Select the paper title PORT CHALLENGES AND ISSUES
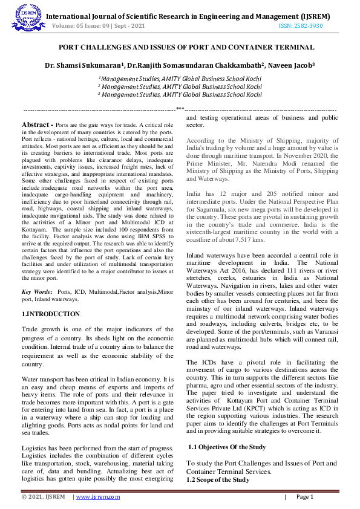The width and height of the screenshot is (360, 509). (180, 46)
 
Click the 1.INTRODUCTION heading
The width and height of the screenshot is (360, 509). (50, 314)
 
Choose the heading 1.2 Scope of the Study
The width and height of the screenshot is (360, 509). (217, 479)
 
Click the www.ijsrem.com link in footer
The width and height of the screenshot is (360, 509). (97, 497)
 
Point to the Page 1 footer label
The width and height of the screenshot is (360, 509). (304, 497)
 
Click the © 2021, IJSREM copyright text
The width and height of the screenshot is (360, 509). (44, 497)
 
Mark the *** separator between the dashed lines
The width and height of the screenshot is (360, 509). (180, 108)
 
